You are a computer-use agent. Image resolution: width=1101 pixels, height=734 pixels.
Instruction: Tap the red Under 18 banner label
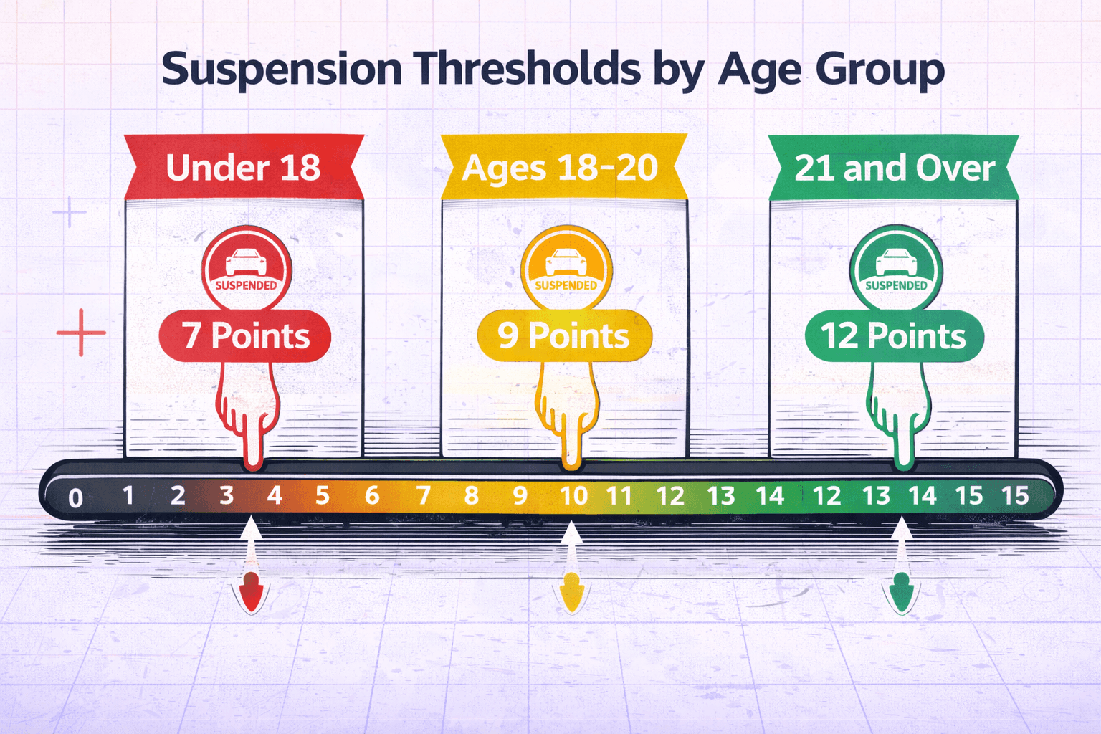[x=243, y=168]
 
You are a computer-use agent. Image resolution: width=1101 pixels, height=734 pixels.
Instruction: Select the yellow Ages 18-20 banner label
[x=561, y=168]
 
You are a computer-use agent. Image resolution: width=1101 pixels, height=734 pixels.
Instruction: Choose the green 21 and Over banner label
[x=895, y=168]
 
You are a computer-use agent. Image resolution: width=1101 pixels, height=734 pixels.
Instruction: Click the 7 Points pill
[x=245, y=335]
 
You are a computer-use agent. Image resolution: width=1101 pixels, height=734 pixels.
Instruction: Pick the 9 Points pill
[x=564, y=335]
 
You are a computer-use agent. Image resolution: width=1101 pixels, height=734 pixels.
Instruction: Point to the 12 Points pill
[x=894, y=335]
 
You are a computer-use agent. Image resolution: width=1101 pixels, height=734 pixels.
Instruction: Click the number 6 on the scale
[x=371, y=495]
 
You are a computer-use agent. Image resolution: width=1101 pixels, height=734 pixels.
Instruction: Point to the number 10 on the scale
[x=573, y=495]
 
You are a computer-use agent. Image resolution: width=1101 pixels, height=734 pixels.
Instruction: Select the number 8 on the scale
[x=471, y=495]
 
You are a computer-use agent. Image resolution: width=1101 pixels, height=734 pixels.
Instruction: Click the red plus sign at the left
[x=81, y=333]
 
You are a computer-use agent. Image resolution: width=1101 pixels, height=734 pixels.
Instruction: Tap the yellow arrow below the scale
[x=571, y=591]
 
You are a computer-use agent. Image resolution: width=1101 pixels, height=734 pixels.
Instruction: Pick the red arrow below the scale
[x=251, y=591]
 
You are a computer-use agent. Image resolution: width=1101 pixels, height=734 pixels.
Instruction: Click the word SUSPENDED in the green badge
[x=896, y=285]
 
